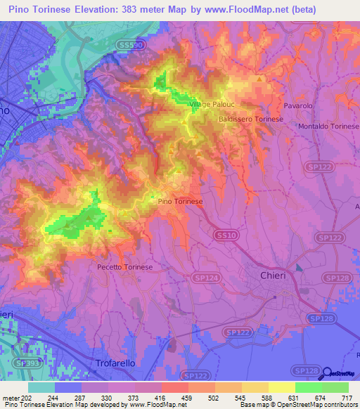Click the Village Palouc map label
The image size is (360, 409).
(210, 105)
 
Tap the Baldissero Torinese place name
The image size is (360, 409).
(251, 119)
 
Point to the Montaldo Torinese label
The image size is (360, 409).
(328, 126)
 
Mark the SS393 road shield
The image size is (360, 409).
(26, 363)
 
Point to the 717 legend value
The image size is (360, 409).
(348, 397)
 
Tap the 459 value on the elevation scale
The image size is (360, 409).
(188, 397)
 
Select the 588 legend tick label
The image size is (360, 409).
(268, 397)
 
